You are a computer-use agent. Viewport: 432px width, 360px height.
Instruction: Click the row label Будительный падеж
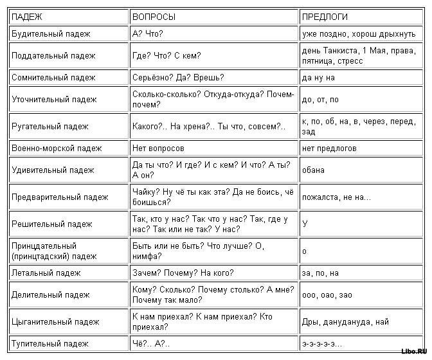click(x=51, y=33)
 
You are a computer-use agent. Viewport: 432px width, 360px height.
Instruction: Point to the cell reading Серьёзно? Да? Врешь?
click(x=177, y=77)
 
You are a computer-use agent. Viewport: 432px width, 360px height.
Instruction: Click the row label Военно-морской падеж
click(x=57, y=148)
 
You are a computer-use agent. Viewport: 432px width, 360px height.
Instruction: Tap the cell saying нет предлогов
click(x=329, y=148)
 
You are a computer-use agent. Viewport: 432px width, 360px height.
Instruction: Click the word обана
click(x=313, y=170)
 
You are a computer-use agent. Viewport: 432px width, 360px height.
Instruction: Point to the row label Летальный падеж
click(x=46, y=273)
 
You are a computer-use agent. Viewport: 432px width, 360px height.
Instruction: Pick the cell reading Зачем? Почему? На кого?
click(x=183, y=273)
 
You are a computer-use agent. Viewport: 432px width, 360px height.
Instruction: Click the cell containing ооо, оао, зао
click(x=326, y=294)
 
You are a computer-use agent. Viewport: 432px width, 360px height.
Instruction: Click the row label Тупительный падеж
click(x=50, y=343)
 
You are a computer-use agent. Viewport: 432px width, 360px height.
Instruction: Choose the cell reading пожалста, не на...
click(x=336, y=197)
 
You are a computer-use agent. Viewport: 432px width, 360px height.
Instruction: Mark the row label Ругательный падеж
click(x=50, y=126)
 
